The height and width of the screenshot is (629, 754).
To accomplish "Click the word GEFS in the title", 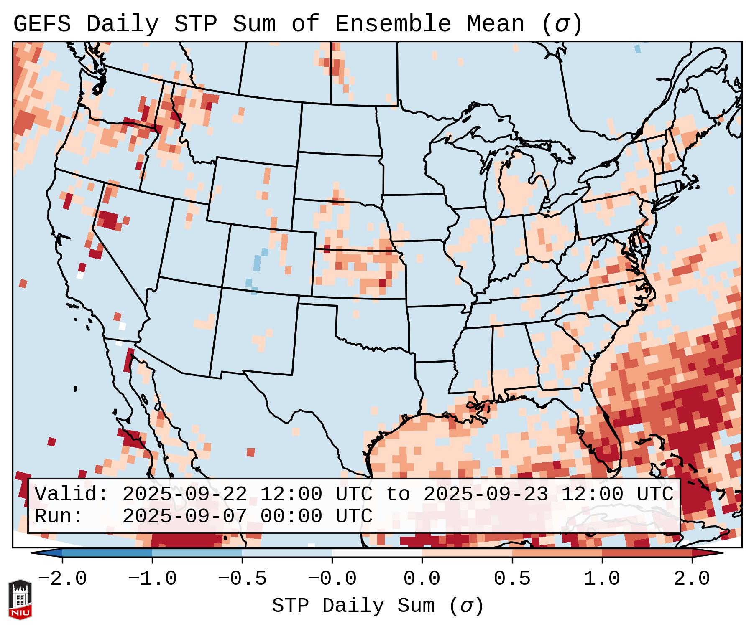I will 42,24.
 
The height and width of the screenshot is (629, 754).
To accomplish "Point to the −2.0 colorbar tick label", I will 62,579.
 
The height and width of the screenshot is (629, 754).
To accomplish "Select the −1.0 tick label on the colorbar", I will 152,579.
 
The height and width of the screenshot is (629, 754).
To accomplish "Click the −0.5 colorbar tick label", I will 242,579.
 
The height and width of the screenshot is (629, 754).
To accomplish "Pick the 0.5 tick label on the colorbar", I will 512,579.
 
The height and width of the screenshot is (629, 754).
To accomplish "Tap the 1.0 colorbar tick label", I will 602,579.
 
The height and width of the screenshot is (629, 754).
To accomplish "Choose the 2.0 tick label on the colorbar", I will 692,579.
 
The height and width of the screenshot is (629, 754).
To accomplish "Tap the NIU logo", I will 20,599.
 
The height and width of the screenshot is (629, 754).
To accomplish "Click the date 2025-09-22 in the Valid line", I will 184,495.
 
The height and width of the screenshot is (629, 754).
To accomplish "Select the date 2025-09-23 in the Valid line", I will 486,495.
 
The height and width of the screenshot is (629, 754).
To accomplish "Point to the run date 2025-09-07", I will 184,517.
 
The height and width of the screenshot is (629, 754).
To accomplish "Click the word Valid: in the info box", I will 72,495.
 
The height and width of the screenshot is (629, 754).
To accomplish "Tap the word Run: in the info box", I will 59,517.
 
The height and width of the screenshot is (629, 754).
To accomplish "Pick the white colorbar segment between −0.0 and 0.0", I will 377,553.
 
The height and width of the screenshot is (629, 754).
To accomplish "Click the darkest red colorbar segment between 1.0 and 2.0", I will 647,553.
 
